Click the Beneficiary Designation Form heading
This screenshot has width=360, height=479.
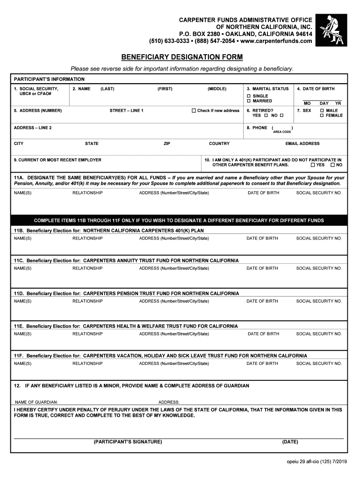coord(182,58)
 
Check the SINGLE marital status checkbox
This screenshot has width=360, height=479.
coord(249,96)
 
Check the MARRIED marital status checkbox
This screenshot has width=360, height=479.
coord(249,101)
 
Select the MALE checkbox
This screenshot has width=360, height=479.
coord(322,111)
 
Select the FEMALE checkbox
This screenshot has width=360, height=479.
coord(322,116)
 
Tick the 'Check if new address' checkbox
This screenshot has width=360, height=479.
coord(194,111)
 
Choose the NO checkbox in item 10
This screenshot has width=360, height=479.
coord(333,165)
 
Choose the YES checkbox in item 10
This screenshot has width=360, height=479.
coord(313,165)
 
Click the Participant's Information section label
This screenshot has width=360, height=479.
coord(49,80)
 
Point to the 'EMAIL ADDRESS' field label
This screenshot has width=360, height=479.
coord(302,144)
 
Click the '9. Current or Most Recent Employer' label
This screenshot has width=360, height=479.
coord(58,160)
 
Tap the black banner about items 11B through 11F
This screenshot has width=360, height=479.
coord(180,220)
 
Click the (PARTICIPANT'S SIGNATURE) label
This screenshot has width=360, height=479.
coord(128,442)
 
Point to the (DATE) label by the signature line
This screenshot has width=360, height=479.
coord(290,442)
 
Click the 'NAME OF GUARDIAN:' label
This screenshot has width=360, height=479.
coord(36,402)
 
